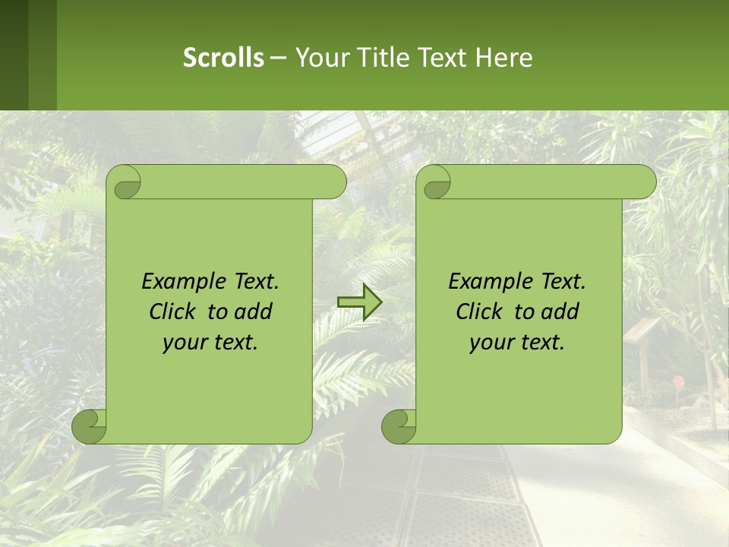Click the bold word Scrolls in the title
point(224,58)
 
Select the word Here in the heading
point(504,58)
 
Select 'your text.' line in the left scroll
point(210,343)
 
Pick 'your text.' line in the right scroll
point(517,343)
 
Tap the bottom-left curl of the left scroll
point(90,427)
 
